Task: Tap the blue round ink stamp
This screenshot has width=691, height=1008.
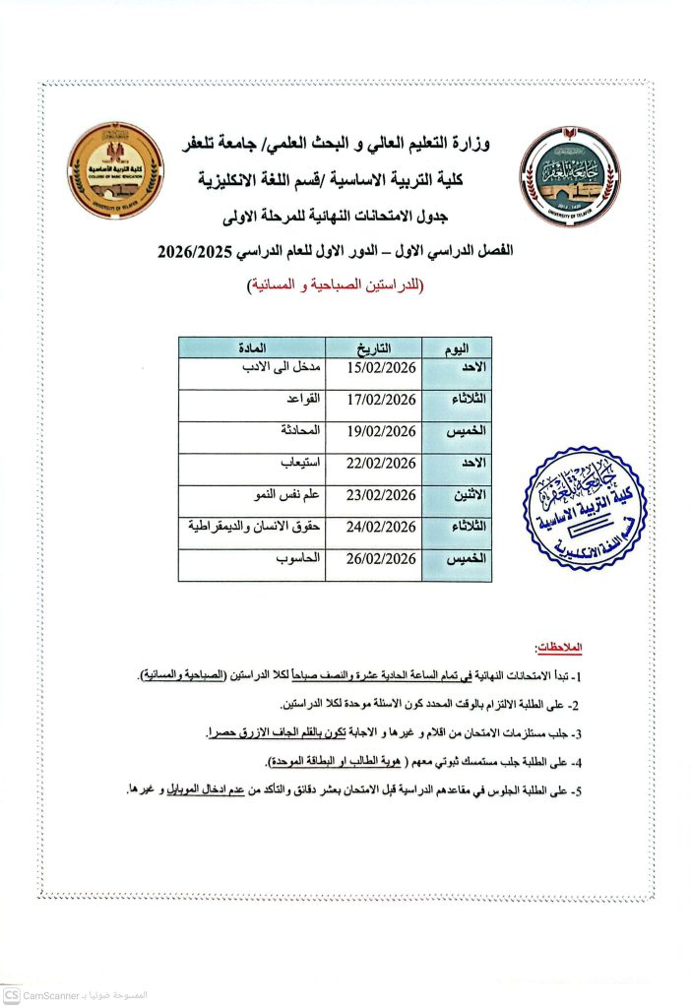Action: click(585, 510)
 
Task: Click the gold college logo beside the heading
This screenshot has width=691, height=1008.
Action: click(116, 169)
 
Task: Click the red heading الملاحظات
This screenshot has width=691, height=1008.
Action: click(557, 649)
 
